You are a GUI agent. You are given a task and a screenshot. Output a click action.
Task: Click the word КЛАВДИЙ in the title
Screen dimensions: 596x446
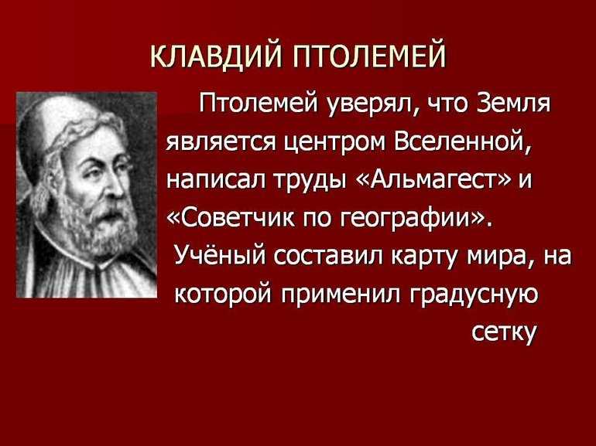(x=216, y=56)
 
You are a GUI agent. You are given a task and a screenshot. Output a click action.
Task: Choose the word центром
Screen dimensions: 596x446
(x=334, y=144)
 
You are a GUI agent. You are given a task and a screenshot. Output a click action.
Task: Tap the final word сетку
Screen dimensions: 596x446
(x=504, y=333)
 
